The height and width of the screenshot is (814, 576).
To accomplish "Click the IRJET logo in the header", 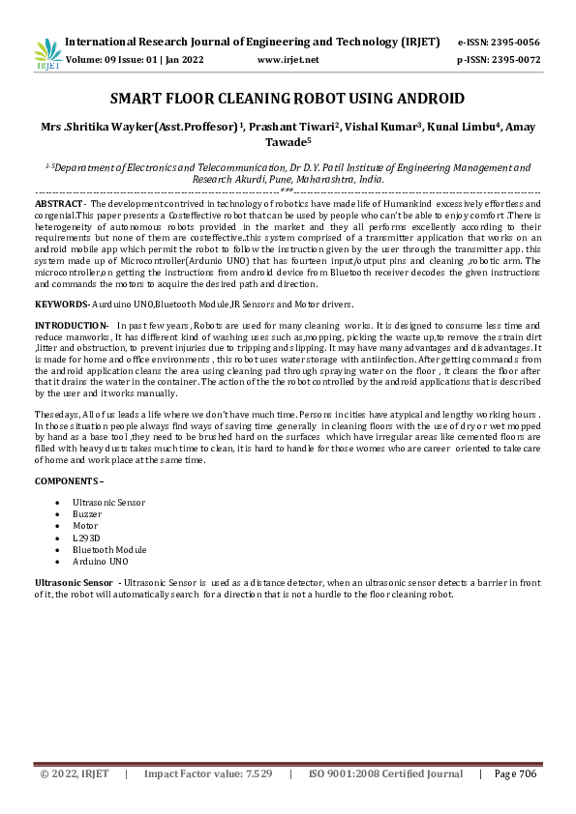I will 48,54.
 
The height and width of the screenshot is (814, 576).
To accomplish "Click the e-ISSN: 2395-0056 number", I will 499,43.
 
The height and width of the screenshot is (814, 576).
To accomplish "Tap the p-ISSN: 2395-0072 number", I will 499,60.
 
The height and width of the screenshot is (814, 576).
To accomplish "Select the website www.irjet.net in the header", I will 288,60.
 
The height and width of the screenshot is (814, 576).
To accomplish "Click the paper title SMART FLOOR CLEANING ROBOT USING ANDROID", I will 288,99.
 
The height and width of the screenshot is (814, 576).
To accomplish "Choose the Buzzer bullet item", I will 88,515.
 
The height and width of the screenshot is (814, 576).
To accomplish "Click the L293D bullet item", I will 87,538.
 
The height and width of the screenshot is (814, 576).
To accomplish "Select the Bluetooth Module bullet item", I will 109,549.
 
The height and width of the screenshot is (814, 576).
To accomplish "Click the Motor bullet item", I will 86,526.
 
